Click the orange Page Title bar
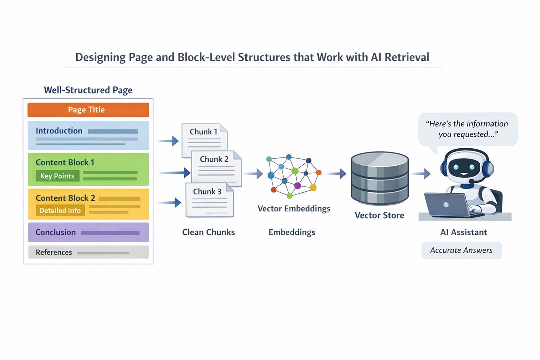pyautogui.click(x=88, y=110)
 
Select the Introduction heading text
pyautogui.click(x=59, y=131)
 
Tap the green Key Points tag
pyautogui.click(x=57, y=176)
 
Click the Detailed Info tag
pyautogui.click(x=60, y=211)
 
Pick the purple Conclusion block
pyautogui.click(x=88, y=232)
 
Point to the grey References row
pyautogui.click(x=88, y=252)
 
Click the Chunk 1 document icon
pyautogui.click(x=204, y=139)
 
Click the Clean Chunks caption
pyautogui.click(x=208, y=232)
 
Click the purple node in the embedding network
pyautogui.click(x=298, y=185)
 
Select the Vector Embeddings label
pyautogui.click(x=294, y=208)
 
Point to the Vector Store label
pyautogui.click(x=379, y=216)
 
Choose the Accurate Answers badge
pyautogui.click(x=461, y=250)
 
